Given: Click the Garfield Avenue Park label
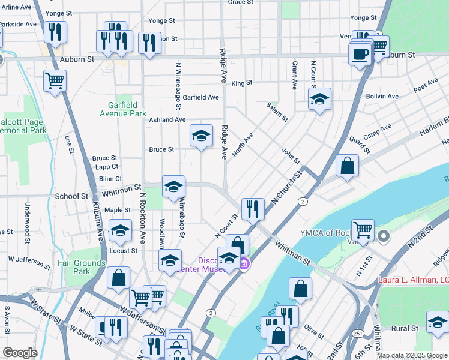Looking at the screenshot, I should point(123,109).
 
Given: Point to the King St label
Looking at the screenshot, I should point(241,83).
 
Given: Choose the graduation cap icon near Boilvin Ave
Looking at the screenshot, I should point(320,98).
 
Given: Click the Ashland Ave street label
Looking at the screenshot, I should point(167,120).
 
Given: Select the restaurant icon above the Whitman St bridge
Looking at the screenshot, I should point(253,208).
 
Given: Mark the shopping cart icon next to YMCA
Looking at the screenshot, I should point(363,230).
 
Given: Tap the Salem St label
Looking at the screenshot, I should point(277,111).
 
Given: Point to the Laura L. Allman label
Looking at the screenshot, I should point(413,280).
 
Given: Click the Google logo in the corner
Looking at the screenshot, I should point(20,353).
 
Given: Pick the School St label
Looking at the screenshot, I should point(71,196).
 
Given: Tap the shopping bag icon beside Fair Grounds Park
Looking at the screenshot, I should point(119,277).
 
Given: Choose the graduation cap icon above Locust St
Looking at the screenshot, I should point(120,230).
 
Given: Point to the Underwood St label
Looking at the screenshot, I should point(27,215).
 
